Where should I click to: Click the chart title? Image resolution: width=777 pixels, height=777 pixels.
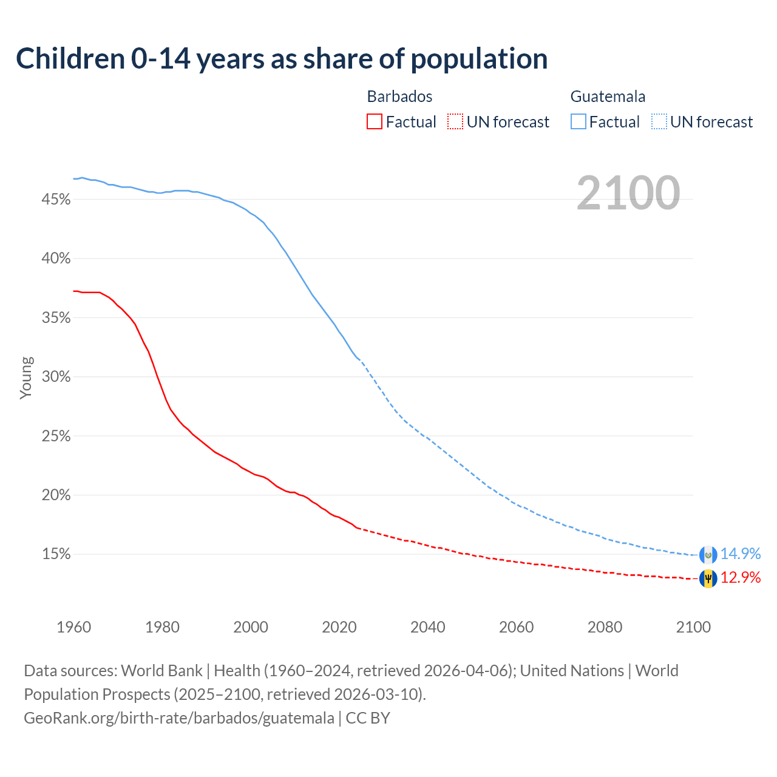click(x=282, y=59)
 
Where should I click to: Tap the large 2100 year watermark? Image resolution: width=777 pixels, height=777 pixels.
click(x=628, y=193)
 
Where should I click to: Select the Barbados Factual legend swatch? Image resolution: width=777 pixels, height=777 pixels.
click(x=375, y=122)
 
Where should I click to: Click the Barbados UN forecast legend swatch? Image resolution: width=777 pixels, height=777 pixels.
click(x=455, y=122)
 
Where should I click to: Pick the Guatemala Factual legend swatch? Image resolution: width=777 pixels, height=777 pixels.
click(x=579, y=122)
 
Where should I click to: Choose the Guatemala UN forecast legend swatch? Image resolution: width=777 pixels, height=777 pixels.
click(x=659, y=122)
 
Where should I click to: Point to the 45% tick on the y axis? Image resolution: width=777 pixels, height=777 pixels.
click(x=56, y=200)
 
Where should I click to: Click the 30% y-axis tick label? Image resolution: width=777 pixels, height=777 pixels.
click(x=56, y=377)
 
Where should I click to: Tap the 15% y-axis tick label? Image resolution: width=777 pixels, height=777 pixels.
click(x=56, y=554)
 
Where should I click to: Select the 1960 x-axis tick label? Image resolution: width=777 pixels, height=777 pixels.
click(x=73, y=627)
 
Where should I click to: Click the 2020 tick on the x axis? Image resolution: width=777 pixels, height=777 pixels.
click(x=339, y=627)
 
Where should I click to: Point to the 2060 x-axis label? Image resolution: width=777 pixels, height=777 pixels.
click(x=517, y=627)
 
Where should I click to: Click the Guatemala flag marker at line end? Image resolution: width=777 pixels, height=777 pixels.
click(x=708, y=555)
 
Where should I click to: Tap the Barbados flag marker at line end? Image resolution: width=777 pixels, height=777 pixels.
click(x=708, y=579)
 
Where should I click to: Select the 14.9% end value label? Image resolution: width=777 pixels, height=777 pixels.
click(x=741, y=554)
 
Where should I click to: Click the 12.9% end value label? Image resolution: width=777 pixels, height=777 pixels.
click(x=741, y=578)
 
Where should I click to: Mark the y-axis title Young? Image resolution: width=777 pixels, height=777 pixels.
click(x=26, y=378)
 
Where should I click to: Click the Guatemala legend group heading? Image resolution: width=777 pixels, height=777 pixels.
click(x=608, y=97)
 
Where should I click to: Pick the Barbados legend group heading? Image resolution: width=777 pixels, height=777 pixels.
click(x=399, y=97)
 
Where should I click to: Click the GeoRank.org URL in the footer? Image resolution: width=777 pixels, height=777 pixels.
click(x=179, y=718)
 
